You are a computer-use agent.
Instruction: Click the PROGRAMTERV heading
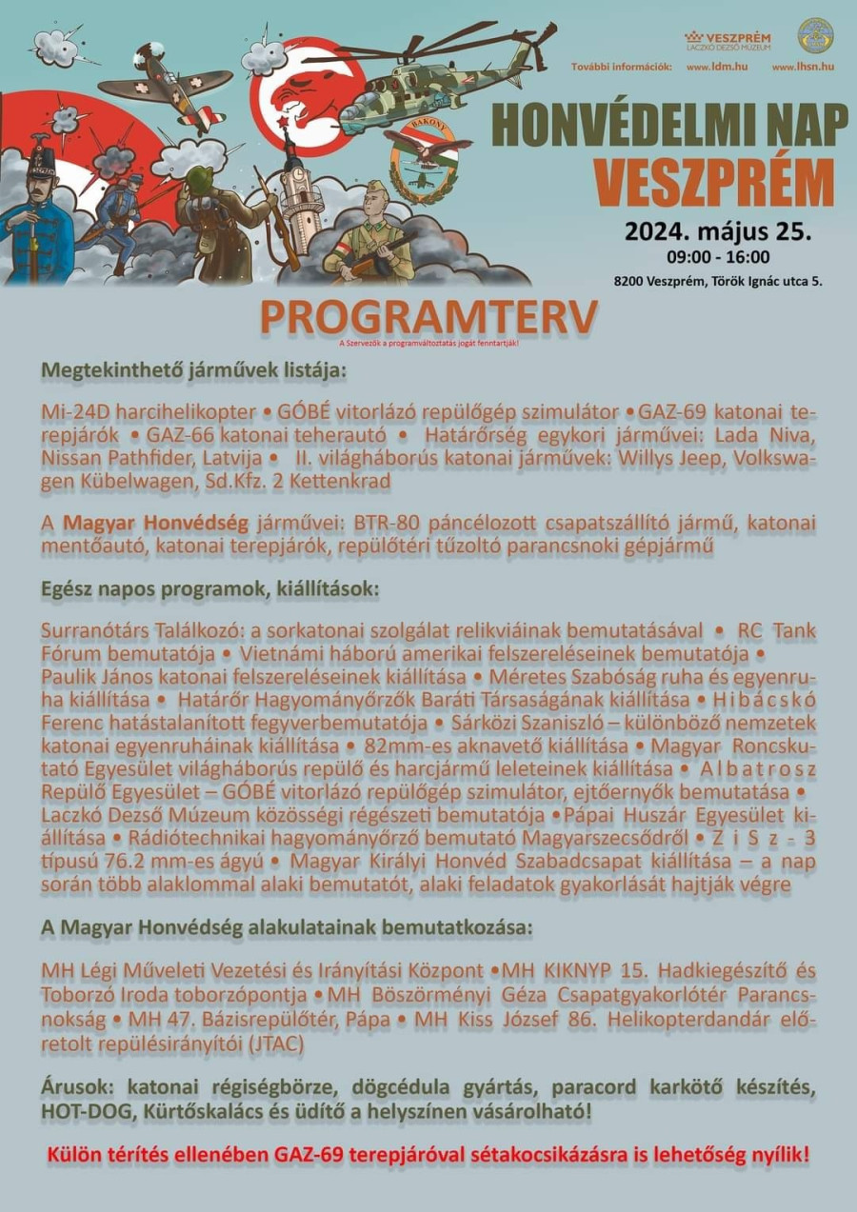point(428,318)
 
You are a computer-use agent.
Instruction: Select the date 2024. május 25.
point(717,231)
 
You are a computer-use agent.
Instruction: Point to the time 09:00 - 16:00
point(718,257)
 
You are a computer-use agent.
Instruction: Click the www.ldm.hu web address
point(716,67)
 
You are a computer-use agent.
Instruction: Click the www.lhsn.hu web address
point(803,67)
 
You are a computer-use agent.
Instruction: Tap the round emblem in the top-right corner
point(815,35)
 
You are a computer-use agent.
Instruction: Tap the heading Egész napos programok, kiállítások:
point(209,589)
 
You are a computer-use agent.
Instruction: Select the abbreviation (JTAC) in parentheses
point(276,1043)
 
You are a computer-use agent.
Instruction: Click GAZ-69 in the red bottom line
point(316,1156)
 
